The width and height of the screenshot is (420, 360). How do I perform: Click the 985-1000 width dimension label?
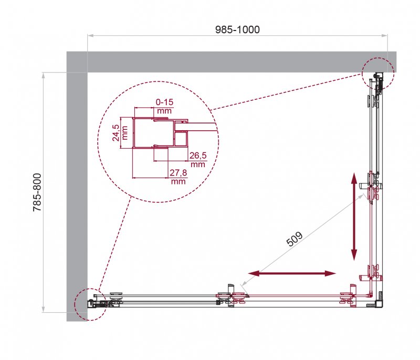(237, 29)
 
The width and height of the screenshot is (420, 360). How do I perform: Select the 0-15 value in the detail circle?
(164, 102)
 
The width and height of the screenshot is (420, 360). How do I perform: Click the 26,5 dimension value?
(197, 156)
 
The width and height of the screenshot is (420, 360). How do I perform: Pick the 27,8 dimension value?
(178, 173)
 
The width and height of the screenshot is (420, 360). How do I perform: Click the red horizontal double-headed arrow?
(292, 273)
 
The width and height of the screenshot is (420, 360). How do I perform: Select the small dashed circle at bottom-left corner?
(90, 304)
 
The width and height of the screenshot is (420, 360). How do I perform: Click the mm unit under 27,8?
(178, 182)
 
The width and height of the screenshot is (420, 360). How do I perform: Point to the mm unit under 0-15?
(164, 111)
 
